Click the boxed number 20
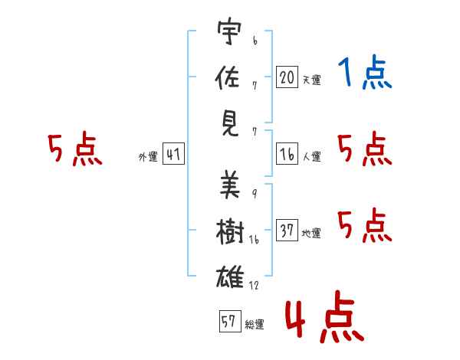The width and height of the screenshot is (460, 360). click(287, 77)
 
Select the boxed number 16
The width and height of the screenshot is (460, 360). click(287, 154)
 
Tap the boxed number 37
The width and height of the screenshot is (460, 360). click(287, 231)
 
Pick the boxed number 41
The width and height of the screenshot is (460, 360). click(172, 155)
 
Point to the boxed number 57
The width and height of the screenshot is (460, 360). click(228, 322)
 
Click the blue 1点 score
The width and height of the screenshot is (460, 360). click(364, 74)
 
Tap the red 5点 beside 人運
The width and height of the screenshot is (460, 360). click(365, 149)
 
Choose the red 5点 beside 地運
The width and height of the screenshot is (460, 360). click(365, 225)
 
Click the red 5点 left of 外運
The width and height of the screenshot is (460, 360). click(74, 149)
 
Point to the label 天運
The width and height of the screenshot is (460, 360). click(311, 80)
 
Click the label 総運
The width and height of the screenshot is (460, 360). click(254, 325)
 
